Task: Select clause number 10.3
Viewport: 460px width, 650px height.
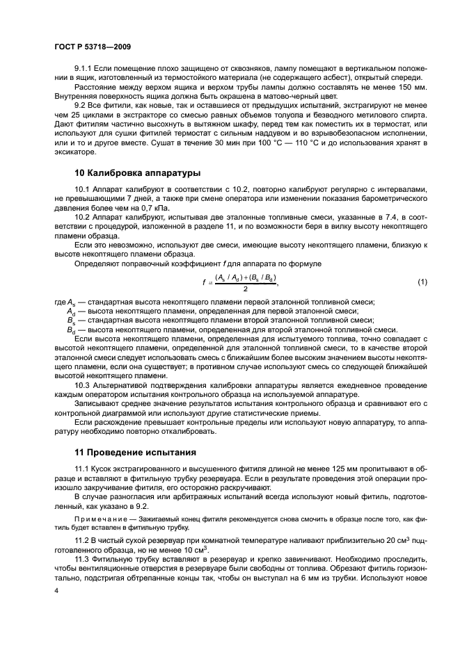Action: tap(81, 384)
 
